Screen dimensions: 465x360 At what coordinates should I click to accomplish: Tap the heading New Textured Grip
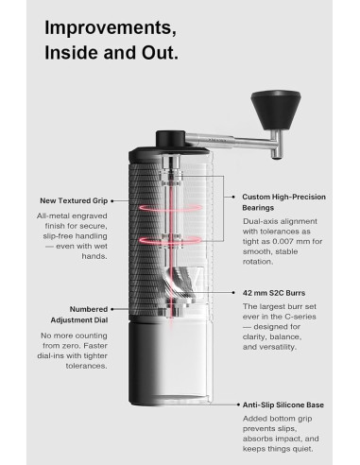pyautogui.click(x=73, y=200)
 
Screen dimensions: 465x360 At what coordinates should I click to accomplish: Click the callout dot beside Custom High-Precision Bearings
pyautogui.click(x=233, y=196)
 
